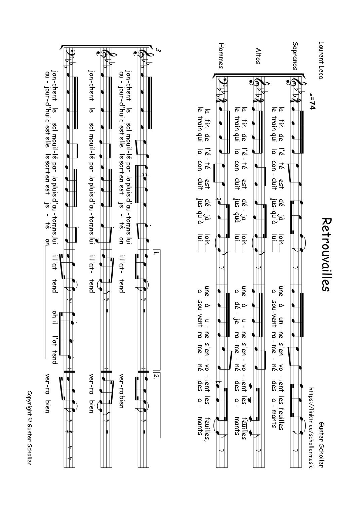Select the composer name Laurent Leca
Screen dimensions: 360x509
click(x=321, y=60)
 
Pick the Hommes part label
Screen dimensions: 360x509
click(x=221, y=55)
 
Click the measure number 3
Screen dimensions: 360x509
click(x=158, y=51)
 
